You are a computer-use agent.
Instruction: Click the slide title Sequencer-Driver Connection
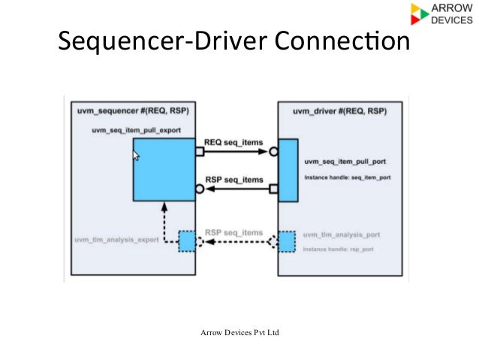[x=233, y=43]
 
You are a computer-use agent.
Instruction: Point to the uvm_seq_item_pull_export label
[x=136, y=130]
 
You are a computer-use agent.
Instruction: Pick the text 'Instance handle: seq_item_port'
[x=346, y=177]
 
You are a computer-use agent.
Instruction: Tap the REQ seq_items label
[x=233, y=142]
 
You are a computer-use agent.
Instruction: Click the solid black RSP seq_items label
[x=233, y=180]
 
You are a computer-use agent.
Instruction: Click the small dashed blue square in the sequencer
[x=185, y=241]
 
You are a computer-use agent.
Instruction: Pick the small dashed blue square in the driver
[x=287, y=241]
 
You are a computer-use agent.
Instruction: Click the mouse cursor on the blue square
[x=137, y=156]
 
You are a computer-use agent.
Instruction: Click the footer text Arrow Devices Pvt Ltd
[x=239, y=332]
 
